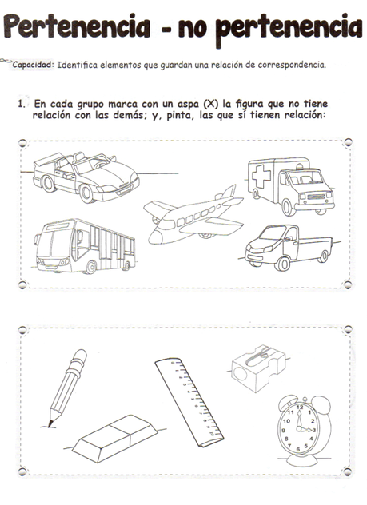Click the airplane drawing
click(x=193, y=217)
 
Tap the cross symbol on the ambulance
click(x=261, y=177)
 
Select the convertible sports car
click(x=86, y=177)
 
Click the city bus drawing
click(x=85, y=246)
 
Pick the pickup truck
click(x=289, y=247)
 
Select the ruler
click(x=189, y=402)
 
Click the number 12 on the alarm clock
click(x=300, y=407)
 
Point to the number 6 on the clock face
click(x=298, y=449)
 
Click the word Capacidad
click(x=32, y=65)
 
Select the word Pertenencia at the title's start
click(x=77, y=26)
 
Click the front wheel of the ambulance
click(x=289, y=208)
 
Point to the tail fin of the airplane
click(x=229, y=193)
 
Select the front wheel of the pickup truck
click(x=282, y=264)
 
